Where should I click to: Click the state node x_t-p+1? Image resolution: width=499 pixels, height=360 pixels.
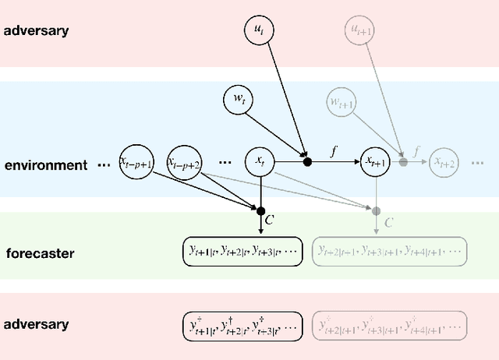coord(136,161)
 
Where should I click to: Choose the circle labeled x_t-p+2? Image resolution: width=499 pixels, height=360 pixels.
coord(185,161)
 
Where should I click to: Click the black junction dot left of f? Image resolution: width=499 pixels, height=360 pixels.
coord(307,161)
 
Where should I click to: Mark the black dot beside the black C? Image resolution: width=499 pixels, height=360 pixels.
coord(260,210)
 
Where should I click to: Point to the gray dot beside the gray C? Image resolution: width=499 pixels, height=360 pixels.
coord(377,210)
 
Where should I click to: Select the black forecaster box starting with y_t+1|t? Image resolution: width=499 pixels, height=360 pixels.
coord(242,251)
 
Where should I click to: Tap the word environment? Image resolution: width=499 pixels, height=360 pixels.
coord(46,165)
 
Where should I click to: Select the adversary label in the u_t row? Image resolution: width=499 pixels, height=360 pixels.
coord(37,32)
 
